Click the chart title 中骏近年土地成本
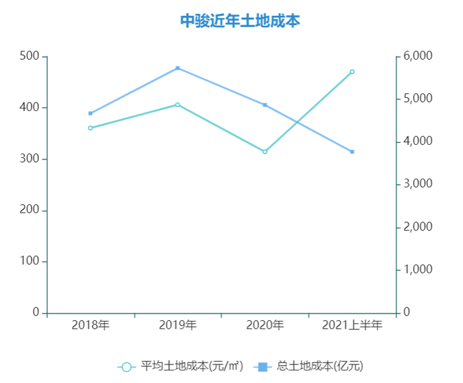click(x=240, y=21)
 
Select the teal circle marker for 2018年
click(x=91, y=128)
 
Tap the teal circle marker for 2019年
click(x=178, y=105)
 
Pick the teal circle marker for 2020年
click(x=265, y=151)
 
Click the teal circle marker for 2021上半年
click(x=352, y=71)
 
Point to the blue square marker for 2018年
click(x=91, y=113)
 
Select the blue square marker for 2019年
click(x=178, y=68)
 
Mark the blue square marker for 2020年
click(x=265, y=105)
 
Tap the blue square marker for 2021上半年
click(x=352, y=151)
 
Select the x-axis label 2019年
click(x=178, y=325)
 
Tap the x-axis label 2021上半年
click(x=352, y=325)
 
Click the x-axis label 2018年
click(x=91, y=325)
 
